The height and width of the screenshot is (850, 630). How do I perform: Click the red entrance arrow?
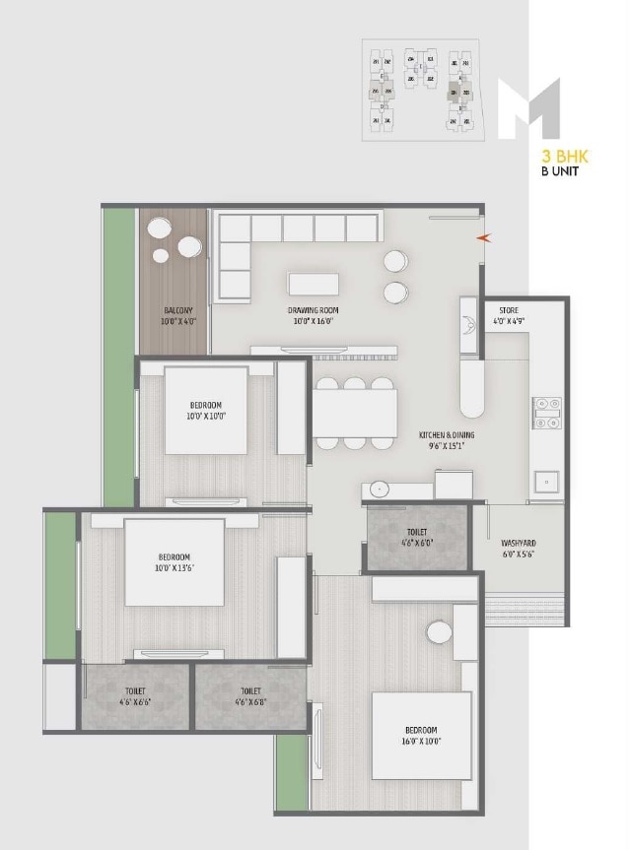tap(481, 237)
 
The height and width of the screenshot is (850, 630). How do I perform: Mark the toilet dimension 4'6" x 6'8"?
tap(249, 703)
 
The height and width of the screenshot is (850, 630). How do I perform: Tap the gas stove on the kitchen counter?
tap(547, 413)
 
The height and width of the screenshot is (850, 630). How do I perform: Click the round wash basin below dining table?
tap(380, 489)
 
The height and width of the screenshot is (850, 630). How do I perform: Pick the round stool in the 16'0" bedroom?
tap(438, 631)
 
